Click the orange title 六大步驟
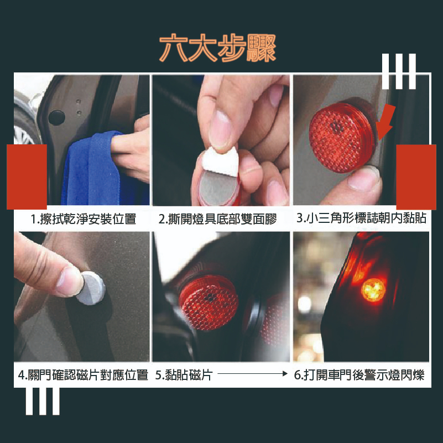(x=217, y=48)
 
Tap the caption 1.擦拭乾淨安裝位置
(x=84, y=219)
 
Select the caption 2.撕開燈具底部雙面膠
(x=217, y=219)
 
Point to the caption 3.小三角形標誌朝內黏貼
(x=361, y=218)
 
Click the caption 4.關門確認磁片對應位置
(x=83, y=375)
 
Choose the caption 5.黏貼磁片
(x=184, y=375)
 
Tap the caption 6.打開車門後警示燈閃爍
(x=359, y=375)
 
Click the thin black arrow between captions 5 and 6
(x=253, y=374)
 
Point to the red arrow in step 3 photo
(x=386, y=122)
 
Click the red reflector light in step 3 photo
(x=342, y=137)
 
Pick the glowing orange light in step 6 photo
(x=373, y=290)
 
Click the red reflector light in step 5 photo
(x=209, y=303)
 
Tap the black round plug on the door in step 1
(x=56, y=118)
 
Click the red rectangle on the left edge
(x=27, y=177)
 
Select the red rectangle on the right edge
(x=416, y=177)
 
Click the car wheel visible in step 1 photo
(x=24, y=124)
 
